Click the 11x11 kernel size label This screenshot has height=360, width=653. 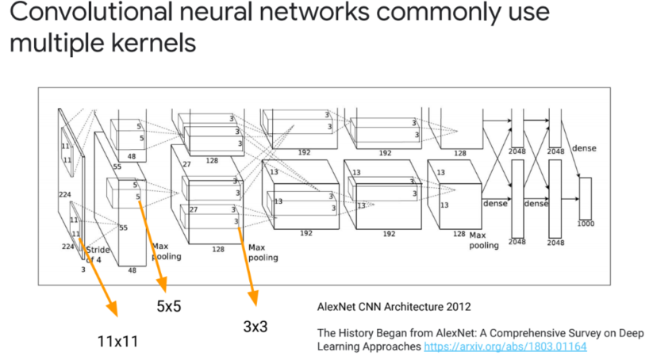click(x=117, y=341)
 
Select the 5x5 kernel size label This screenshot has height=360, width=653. click(x=168, y=306)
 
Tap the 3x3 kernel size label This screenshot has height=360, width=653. click(x=255, y=325)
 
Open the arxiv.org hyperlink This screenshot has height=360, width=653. click(x=505, y=347)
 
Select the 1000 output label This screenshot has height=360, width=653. click(x=585, y=224)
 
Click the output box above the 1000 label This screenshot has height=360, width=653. click(x=585, y=198)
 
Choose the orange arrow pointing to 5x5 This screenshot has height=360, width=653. click(x=152, y=246)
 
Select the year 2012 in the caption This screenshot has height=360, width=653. click(x=458, y=304)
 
